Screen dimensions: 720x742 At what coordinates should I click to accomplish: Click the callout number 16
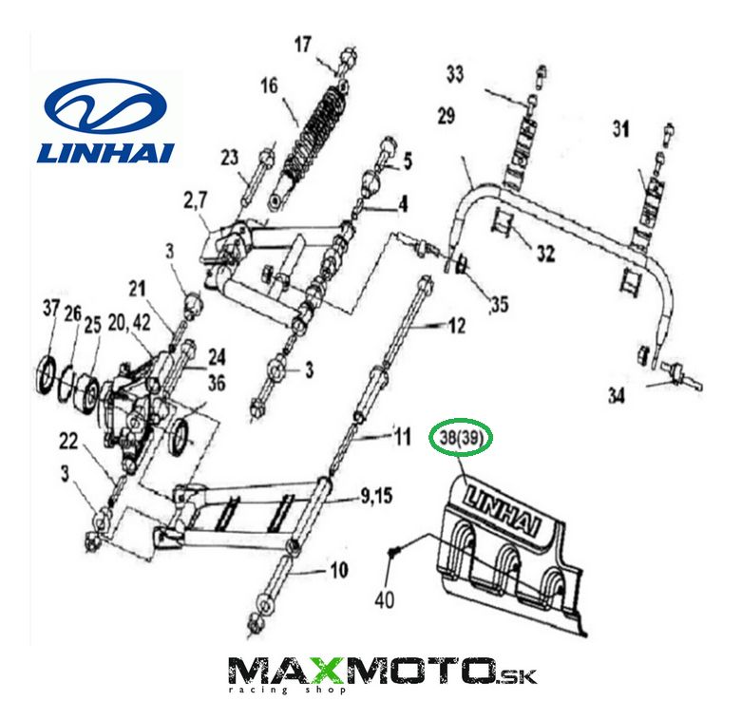[269, 86]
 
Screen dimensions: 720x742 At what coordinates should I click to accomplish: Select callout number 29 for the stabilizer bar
[447, 117]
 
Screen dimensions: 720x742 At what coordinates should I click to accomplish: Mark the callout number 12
[458, 327]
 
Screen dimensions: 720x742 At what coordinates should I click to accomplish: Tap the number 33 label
[457, 72]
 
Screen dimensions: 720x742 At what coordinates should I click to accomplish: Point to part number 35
[500, 306]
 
